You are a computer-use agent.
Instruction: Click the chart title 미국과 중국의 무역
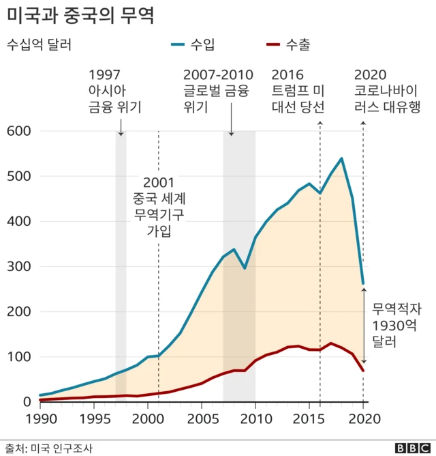[80, 15]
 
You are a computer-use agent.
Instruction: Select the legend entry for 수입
[194, 46]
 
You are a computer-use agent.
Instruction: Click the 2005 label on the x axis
[201, 418]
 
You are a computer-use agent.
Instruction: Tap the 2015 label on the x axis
[309, 418]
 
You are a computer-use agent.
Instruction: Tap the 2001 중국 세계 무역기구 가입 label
[159, 207]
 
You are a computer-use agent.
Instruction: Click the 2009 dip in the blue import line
[245, 268]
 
